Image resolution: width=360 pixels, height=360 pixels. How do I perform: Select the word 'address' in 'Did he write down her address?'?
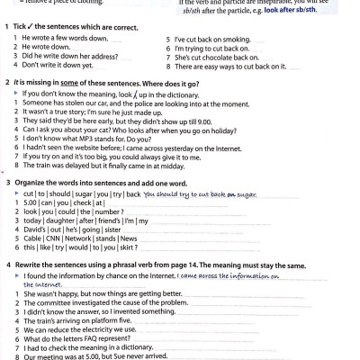point(94,57)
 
